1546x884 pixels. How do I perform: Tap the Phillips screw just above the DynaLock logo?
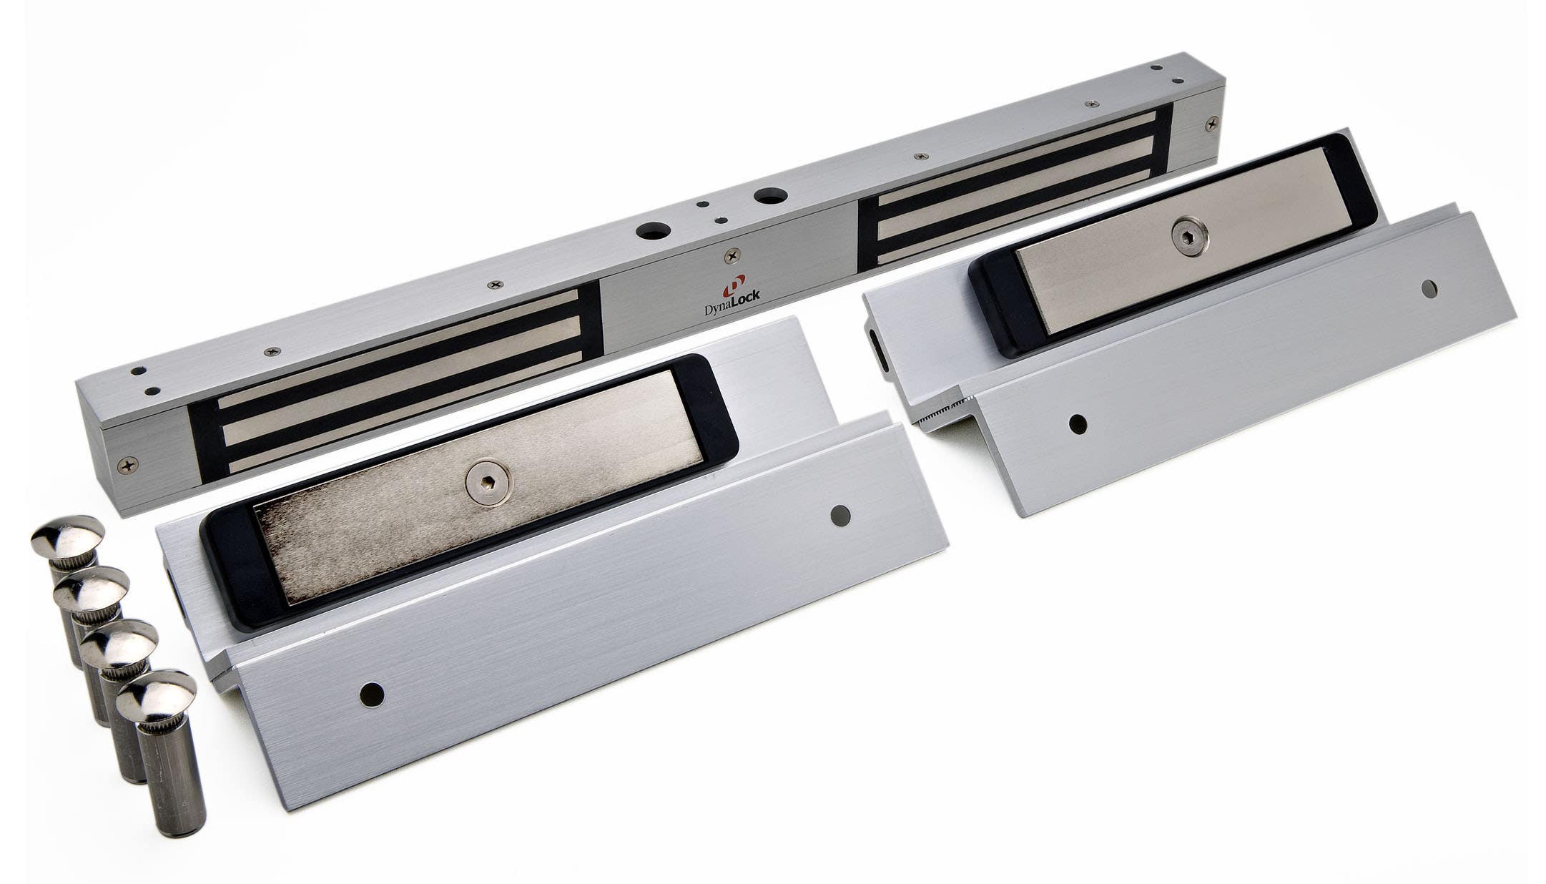pyautogui.click(x=732, y=255)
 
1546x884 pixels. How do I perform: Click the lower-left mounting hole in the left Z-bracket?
pyautogui.click(x=373, y=692)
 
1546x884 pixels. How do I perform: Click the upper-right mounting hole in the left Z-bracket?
pyautogui.click(x=839, y=514)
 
